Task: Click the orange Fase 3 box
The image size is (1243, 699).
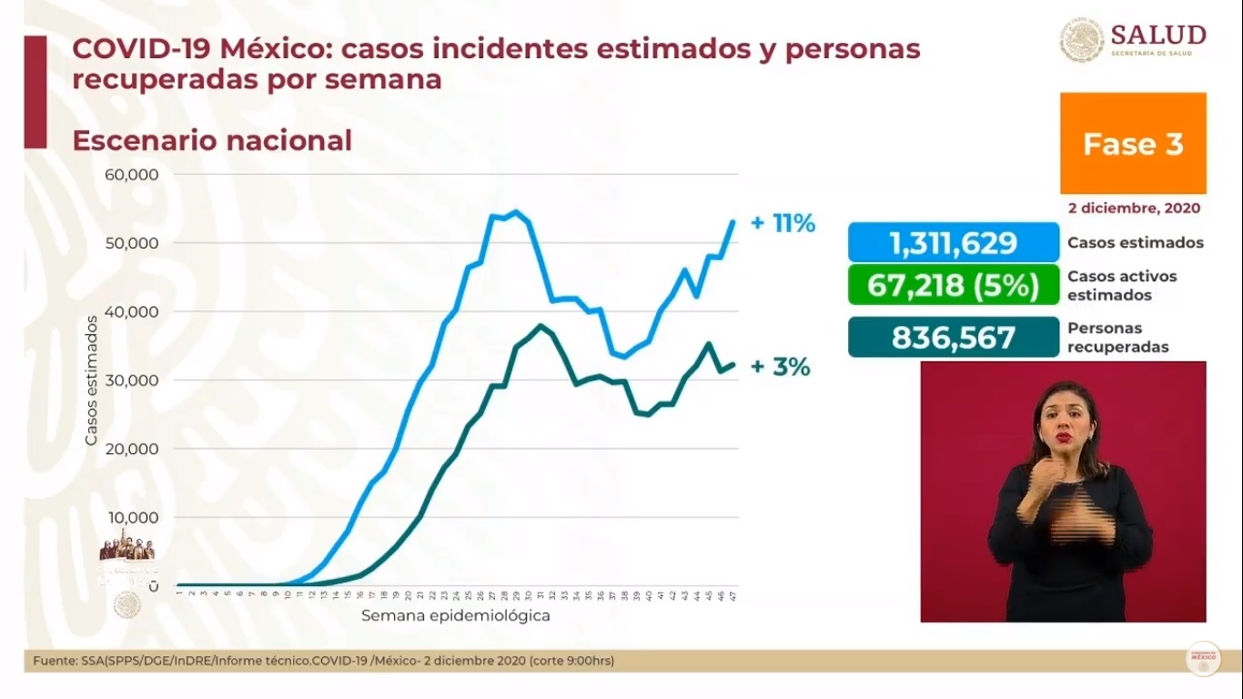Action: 1133,144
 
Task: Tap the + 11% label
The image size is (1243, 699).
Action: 783,223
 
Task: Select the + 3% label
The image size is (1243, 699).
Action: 780,367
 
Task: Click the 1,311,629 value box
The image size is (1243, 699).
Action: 953,243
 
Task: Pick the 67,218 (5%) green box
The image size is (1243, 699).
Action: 953,285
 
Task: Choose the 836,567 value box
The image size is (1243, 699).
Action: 953,338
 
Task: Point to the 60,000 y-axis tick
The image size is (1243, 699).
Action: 134,175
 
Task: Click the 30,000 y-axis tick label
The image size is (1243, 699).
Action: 134,380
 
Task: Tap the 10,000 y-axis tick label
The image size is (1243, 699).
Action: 134,518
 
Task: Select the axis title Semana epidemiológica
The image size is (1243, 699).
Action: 455,615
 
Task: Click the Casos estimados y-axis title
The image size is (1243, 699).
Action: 91,380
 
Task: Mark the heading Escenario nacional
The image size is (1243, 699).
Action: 211,141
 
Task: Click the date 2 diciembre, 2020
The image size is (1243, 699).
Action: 1134,208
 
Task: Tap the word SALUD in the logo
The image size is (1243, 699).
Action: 1157,35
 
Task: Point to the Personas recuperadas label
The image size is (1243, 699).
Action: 1117,338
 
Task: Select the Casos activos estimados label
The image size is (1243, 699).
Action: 1122,285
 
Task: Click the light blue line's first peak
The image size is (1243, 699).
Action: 516,212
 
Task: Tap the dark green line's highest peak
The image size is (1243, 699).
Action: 541,325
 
